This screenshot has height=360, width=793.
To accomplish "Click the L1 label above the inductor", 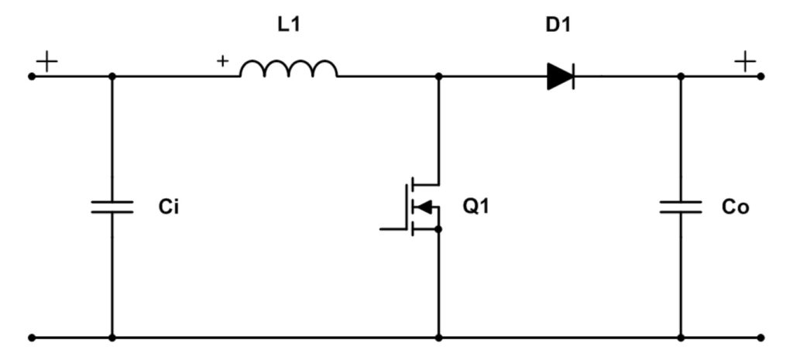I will [289, 25].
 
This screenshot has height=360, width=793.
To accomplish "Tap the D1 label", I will [559, 25].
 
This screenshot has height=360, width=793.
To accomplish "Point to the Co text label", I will [735, 207].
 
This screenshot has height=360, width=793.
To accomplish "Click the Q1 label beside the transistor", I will [475, 207].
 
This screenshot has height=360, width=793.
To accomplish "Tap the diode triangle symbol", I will [559, 76].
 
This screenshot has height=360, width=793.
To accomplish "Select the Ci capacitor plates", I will [112, 207].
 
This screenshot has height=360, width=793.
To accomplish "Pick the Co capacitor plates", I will [681, 207].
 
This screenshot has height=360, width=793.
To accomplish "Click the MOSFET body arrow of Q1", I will [423, 207].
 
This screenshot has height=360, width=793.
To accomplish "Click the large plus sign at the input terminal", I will [47, 61].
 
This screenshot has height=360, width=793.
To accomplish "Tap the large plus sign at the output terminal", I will [745, 61].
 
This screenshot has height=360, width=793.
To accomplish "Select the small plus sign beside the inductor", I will [224, 60].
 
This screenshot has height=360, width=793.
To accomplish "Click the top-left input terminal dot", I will [32, 77].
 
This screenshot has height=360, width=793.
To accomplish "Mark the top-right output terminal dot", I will [762, 77].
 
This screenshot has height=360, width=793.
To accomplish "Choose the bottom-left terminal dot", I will [32, 338].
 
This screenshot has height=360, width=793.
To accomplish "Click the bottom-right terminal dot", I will [762, 338].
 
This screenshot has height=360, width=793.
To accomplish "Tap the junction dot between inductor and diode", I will [439, 77].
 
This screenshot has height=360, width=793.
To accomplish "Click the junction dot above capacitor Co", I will [681, 77].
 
